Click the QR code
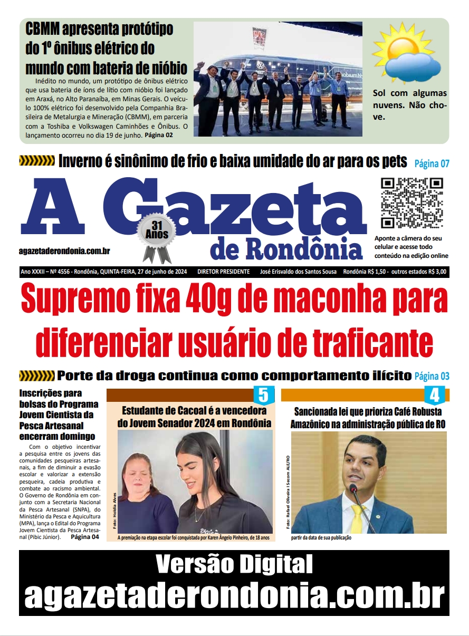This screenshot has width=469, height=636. (412, 203)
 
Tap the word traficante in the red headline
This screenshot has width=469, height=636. (359, 342)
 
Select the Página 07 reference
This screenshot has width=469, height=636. (432, 163)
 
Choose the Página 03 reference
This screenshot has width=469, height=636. (432, 377)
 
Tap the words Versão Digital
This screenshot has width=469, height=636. (234, 565)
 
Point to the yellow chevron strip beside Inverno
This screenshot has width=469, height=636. (37, 161)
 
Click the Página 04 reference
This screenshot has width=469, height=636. (84, 537)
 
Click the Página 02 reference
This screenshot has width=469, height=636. (158, 136)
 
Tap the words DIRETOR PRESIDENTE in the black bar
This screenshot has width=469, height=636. (223, 272)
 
